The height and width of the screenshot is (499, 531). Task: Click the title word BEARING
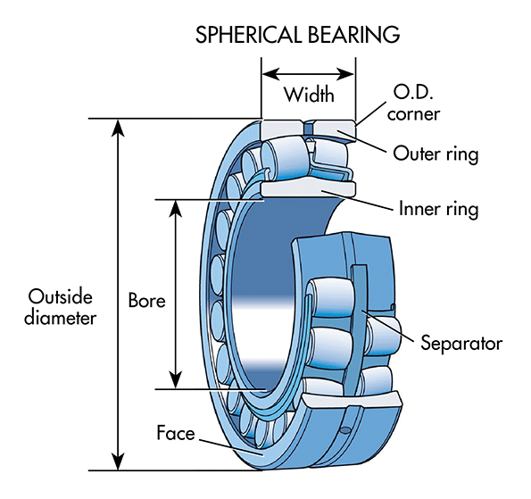(x=354, y=35)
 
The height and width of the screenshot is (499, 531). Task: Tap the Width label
(x=309, y=94)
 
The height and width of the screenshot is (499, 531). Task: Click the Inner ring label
(x=437, y=210)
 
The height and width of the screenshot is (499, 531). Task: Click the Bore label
(x=146, y=300)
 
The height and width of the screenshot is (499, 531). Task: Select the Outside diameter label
(x=62, y=306)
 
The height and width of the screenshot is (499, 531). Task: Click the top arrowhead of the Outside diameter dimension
(x=116, y=127)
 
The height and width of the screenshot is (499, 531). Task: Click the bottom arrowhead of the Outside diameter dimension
(x=116, y=461)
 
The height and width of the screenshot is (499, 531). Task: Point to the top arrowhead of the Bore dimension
(x=176, y=208)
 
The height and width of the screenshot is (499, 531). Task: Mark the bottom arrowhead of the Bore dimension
(x=176, y=380)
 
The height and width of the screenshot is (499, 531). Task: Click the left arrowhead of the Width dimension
(x=269, y=72)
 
